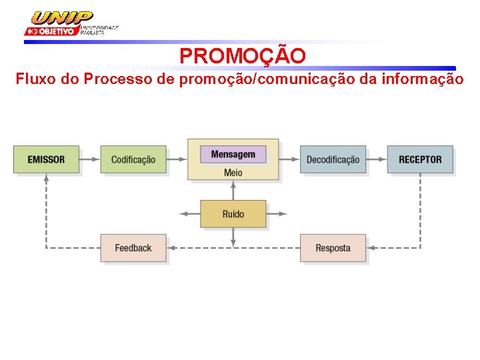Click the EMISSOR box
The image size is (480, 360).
(x=46, y=159)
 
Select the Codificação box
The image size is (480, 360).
(x=133, y=159)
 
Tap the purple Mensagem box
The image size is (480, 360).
(x=233, y=154)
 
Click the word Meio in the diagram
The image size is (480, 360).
(x=233, y=173)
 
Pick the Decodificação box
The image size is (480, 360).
(x=333, y=159)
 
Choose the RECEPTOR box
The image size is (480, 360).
(x=420, y=159)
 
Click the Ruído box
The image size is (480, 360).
(x=233, y=214)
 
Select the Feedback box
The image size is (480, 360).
(x=133, y=248)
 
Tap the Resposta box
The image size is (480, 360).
(x=333, y=248)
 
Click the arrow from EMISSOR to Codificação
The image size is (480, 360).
(x=89, y=159)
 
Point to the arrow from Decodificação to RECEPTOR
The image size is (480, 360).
(x=377, y=159)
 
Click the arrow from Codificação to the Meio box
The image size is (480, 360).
(x=176, y=159)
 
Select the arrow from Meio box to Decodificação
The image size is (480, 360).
(x=289, y=159)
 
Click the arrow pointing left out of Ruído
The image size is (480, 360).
(x=190, y=214)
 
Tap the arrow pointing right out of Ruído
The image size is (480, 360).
(x=277, y=214)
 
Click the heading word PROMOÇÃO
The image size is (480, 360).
(x=243, y=56)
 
